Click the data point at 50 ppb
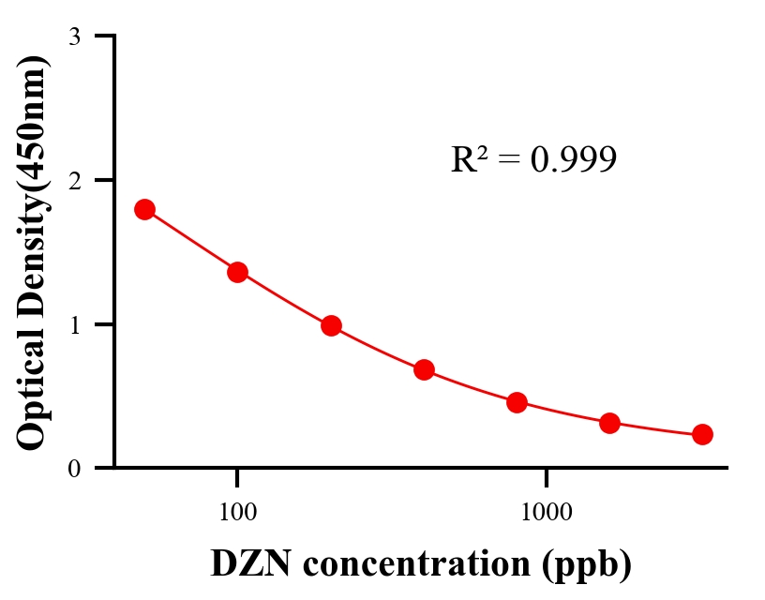click(x=144, y=209)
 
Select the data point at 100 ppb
click(x=237, y=272)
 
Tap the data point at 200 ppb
click(x=331, y=326)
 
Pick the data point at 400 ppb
click(x=424, y=369)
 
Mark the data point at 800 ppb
click(x=517, y=403)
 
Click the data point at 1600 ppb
click(x=609, y=423)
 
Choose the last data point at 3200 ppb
click(x=702, y=434)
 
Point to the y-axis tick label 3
click(x=75, y=37)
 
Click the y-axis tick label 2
click(x=75, y=180)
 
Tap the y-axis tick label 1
click(x=75, y=324)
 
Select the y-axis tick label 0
click(x=75, y=469)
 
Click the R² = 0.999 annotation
click(x=533, y=160)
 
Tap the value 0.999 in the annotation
click(x=574, y=160)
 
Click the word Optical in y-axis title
click(x=34, y=392)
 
